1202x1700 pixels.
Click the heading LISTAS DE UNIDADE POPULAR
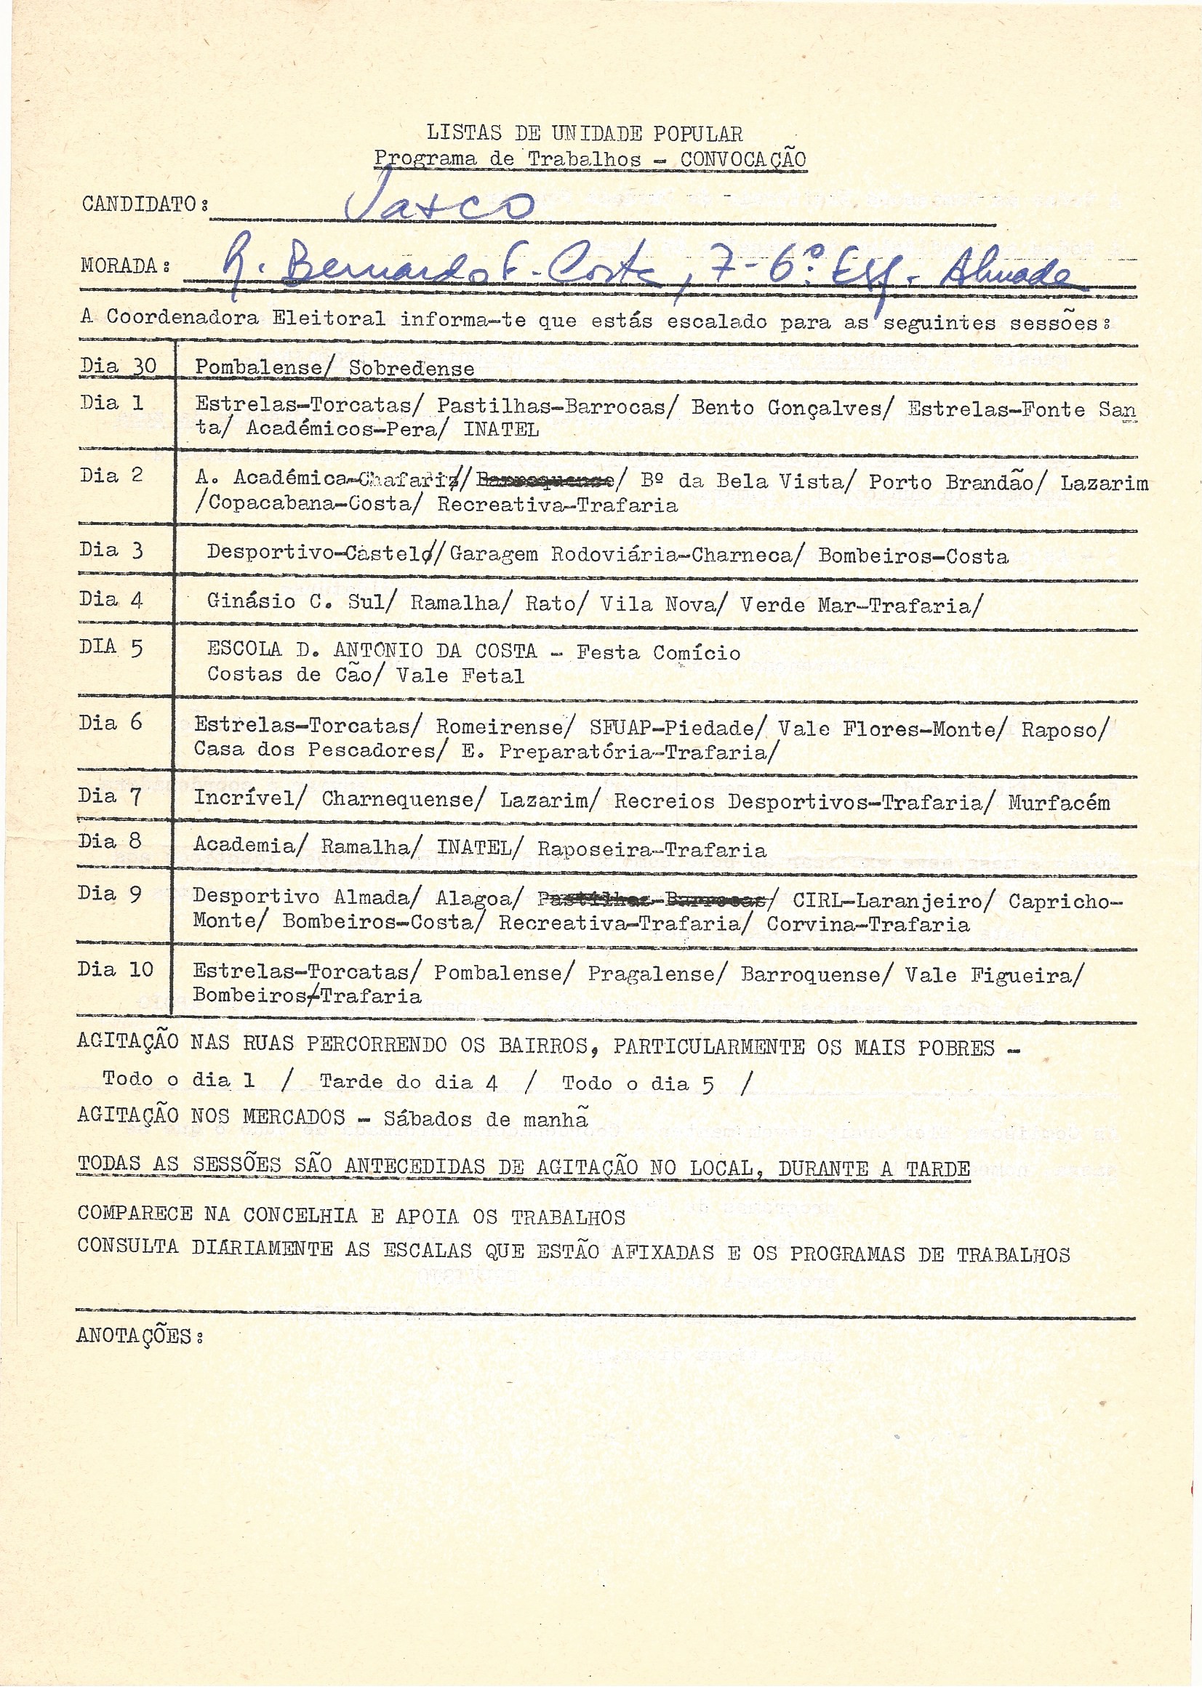click(x=585, y=134)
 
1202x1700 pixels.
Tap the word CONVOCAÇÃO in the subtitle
click(x=743, y=159)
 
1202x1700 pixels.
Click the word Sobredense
click(x=411, y=369)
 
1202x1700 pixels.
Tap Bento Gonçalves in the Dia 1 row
click(x=787, y=408)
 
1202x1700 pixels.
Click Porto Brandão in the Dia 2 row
click(x=951, y=483)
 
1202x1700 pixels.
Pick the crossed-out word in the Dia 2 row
click(x=545, y=482)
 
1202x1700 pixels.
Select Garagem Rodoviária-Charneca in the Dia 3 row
click(x=620, y=556)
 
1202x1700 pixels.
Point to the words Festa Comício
click(x=658, y=652)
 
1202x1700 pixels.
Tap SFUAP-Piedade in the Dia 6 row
click(x=672, y=729)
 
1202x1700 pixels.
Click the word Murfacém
click(x=1059, y=803)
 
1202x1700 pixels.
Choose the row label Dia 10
click(x=115, y=970)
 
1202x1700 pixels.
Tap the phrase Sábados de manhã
click(x=485, y=1118)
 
